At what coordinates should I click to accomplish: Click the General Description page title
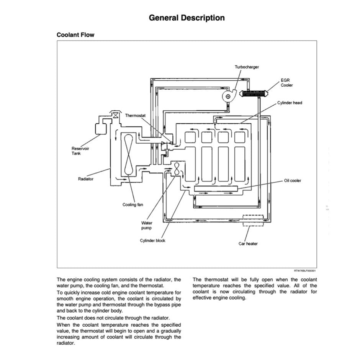187,18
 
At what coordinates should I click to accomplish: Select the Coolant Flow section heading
75,35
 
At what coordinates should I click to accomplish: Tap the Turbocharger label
247,67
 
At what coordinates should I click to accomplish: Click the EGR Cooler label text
286,83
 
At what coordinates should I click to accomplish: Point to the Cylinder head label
290,103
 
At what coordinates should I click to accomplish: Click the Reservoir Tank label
80,151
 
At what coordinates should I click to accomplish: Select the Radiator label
86,179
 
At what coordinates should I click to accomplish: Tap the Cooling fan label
133,205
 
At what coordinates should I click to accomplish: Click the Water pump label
147,225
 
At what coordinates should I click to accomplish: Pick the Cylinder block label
152,241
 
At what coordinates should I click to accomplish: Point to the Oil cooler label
293,180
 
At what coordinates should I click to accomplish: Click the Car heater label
248,244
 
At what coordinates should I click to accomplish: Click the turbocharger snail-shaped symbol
229,96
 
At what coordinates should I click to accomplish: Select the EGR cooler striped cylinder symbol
252,93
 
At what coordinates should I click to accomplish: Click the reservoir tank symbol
101,128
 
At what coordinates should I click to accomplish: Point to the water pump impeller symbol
177,169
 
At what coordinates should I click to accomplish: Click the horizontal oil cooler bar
216,188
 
